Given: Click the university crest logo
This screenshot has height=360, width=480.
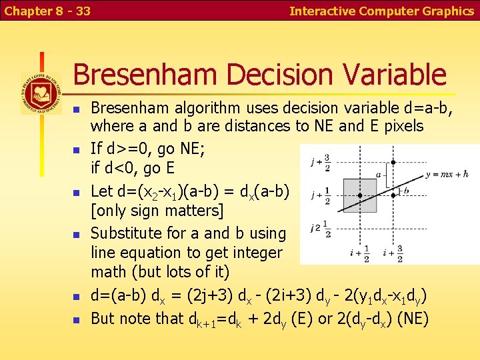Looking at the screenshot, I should click(x=41, y=92).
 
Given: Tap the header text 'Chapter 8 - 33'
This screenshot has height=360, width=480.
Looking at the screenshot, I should click(x=47, y=11).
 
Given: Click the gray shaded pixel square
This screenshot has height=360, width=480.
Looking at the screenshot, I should click(x=360, y=195).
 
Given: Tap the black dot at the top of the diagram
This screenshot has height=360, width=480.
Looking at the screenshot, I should click(x=393, y=162).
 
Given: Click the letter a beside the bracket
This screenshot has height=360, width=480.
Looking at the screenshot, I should click(x=379, y=175).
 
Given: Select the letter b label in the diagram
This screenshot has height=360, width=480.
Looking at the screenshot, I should click(x=406, y=191).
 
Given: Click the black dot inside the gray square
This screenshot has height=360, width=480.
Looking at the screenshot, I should click(x=360, y=195).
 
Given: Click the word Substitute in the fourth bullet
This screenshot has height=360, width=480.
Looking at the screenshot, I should click(x=126, y=233).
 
